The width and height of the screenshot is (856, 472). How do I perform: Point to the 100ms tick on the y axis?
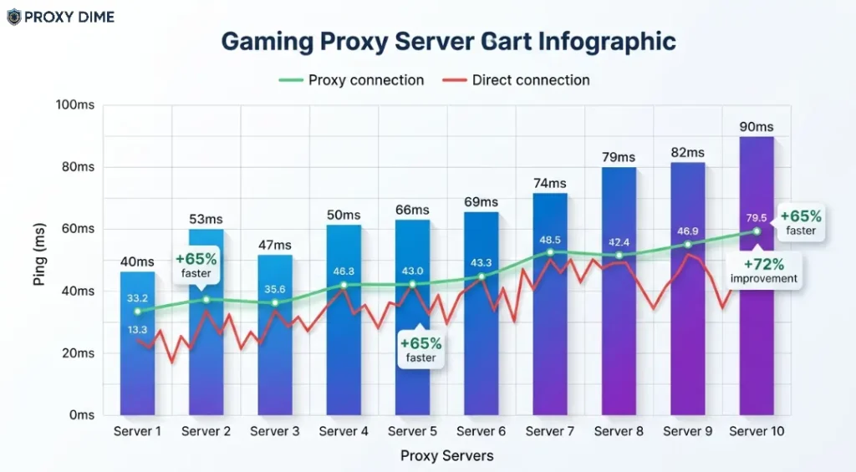[x=75, y=104]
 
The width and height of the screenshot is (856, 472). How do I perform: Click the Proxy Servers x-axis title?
[x=446, y=456]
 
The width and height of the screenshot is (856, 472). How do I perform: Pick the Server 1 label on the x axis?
[x=137, y=432]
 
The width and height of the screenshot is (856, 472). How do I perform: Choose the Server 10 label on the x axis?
[x=757, y=432]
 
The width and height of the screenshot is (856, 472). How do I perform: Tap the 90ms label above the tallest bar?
[x=757, y=127]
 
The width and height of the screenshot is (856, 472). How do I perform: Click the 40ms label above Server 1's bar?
[x=137, y=261]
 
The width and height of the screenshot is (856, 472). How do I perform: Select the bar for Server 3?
[x=274, y=351]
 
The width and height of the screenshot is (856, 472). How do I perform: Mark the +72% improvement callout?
[x=763, y=272]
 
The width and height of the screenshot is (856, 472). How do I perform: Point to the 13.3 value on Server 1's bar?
[x=138, y=330]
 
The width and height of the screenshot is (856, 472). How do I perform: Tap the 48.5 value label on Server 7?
[x=550, y=240]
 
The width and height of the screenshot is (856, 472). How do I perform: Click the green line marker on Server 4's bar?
[x=344, y=285]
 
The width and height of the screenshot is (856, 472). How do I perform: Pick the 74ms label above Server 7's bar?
[x=550, y=183]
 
